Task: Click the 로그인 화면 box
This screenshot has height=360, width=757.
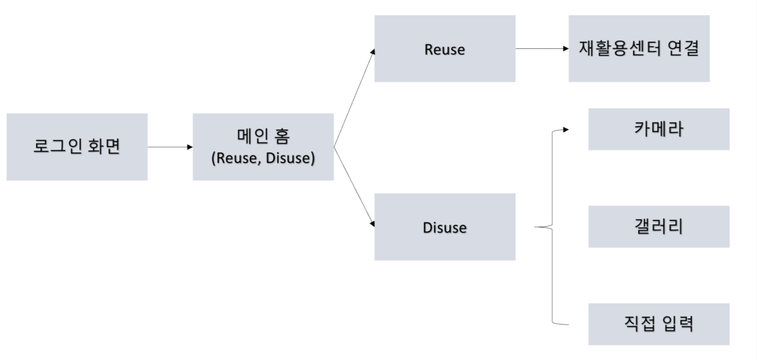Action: point(77,147)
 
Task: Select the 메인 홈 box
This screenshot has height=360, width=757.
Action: point(263,147)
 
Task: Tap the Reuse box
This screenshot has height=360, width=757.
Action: point(444,48)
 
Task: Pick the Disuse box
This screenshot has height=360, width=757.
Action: point(444,227)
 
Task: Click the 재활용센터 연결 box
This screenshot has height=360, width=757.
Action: point(639,48)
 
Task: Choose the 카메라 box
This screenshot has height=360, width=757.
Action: point(659,129)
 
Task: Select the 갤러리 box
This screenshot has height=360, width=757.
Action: point(659,227)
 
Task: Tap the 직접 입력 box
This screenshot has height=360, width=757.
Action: point(659,324)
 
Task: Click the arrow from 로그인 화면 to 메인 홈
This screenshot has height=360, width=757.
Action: point(170,147)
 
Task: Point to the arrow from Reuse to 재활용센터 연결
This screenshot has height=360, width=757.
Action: point(542,48)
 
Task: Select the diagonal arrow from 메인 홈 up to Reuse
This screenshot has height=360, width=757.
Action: point(354,99)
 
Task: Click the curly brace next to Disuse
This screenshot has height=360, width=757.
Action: point(552,227)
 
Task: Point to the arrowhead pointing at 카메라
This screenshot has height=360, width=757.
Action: point(566,130)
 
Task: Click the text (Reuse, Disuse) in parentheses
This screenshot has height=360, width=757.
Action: point(263,158)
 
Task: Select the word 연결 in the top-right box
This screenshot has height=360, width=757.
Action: point(683,48)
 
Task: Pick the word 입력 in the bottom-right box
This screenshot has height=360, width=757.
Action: point(678,324)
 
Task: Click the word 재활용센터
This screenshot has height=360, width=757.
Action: point(619,48)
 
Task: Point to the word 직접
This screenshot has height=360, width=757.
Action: point(639,324)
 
